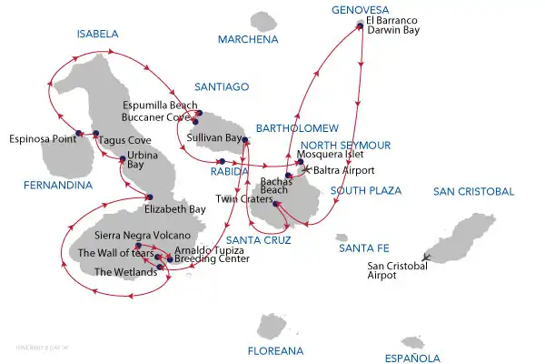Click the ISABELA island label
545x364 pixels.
98,34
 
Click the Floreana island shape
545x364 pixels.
272,327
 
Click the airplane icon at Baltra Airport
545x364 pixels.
306,169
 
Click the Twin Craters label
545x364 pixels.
239,198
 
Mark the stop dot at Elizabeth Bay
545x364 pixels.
150,197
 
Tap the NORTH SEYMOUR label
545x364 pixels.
345,145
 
